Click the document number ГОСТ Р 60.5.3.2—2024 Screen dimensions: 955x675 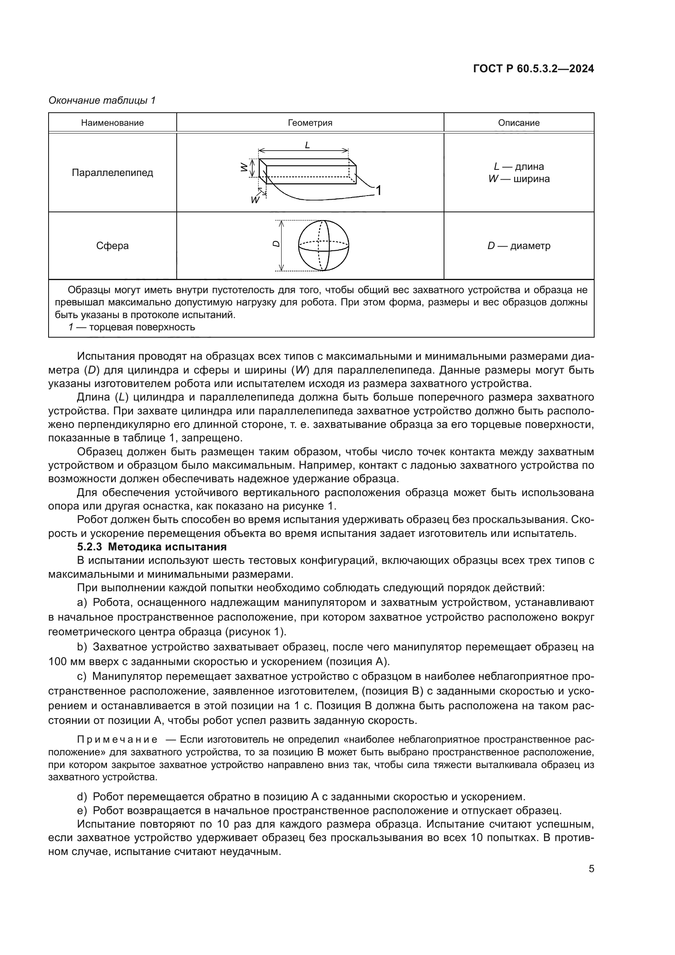tap(533, 69)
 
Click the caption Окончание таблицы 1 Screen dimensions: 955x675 tap(102, 100)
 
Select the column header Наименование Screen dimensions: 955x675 tap(112, 123)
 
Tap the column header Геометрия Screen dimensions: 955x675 tap(310, 123)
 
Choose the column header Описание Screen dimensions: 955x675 tap(519, 123)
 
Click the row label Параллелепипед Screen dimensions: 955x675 tap(112, 173)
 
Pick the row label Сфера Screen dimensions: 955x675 tap(112, 246)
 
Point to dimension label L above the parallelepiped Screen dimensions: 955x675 tap(307, 145)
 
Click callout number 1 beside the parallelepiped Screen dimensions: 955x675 tap(378, 191)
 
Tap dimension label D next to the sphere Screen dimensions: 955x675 tap(275, 244)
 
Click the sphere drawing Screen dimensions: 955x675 tap(324, 245)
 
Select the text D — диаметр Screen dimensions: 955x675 tap(519, 246)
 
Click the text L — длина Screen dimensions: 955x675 tap(519, 166)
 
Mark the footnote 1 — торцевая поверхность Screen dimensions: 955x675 tap(131, 327)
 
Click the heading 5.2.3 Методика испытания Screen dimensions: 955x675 tap(152, 547)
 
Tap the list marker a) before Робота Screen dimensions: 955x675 tap(82, 602)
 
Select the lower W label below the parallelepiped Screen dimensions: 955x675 tap(255, 200)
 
